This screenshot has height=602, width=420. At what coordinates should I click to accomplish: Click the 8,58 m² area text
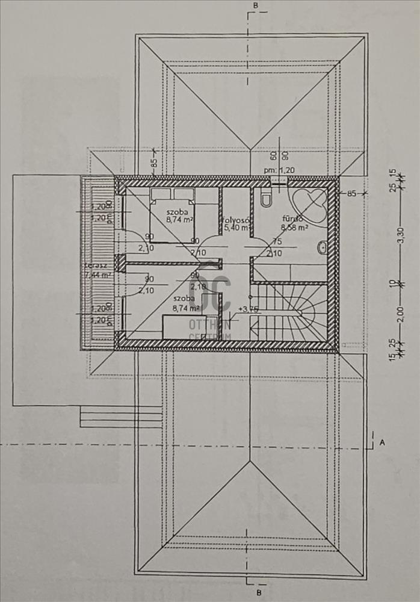pos(294,228)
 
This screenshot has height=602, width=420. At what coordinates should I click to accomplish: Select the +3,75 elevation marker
pos(248,309)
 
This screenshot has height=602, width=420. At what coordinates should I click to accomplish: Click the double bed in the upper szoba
pos(172,211)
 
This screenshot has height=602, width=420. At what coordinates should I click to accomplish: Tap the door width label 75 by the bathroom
pos(277,242)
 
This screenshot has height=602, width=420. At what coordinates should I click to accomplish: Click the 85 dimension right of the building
pos(351,194)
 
